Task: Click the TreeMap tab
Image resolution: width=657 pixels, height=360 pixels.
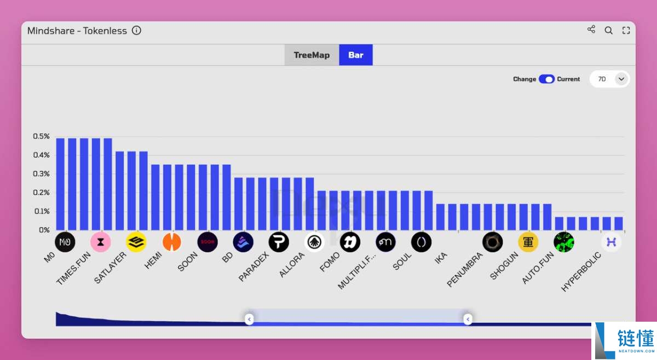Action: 312,55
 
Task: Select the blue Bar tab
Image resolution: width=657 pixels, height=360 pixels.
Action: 356,55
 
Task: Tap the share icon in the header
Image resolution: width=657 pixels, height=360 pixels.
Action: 591,30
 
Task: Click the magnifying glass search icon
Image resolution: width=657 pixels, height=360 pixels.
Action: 608,31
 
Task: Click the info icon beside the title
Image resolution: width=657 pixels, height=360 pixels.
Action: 137,31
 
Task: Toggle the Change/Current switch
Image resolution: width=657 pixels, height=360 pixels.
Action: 546,79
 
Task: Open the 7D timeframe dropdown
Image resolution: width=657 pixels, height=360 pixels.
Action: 609,79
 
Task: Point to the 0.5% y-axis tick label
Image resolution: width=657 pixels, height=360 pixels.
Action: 41,136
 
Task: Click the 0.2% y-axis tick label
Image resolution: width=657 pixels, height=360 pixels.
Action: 41,193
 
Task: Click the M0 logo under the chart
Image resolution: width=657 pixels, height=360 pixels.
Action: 65,242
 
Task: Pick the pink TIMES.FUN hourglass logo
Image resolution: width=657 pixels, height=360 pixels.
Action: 101,242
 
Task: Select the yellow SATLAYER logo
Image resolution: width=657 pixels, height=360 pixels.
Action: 136,242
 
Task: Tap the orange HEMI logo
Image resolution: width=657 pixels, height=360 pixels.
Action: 172,242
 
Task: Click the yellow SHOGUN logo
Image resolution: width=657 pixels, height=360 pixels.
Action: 528,242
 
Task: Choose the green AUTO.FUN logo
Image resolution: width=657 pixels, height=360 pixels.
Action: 564,242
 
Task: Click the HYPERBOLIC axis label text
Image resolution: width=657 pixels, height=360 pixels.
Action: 581,272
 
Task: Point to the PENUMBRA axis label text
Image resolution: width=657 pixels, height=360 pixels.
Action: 465,269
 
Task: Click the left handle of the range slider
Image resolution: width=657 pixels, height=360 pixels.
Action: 249,319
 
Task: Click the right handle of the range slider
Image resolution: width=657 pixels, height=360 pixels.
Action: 468,319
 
